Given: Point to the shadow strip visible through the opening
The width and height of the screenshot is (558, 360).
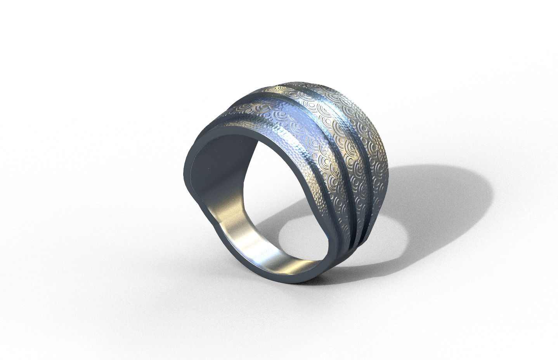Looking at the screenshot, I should coord(272,217).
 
